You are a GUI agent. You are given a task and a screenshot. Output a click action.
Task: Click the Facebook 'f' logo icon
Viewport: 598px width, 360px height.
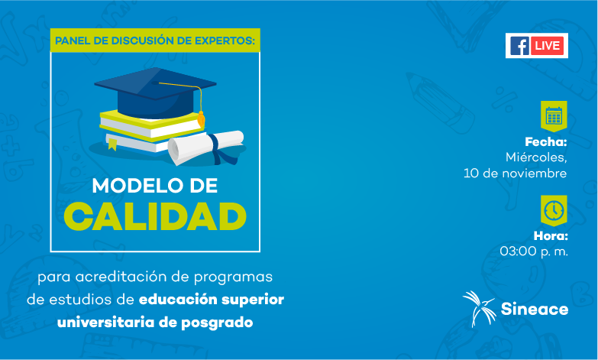click(519, 46)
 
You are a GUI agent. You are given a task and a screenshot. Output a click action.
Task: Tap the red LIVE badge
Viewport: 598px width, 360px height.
click(548, 46)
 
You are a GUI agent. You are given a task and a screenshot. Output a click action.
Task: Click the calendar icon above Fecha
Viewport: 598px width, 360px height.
click(554, 115)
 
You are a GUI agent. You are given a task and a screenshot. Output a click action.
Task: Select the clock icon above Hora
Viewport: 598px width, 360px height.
click(554, 210)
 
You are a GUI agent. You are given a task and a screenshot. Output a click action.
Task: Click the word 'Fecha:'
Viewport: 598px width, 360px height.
click(546, 142)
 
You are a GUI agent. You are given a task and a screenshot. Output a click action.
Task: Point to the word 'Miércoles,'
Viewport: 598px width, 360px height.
click(536, 157)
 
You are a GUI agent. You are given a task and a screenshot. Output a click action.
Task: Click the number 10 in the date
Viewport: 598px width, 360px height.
click(471, 174)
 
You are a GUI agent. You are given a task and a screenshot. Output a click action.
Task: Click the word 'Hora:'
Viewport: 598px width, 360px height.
click(551, 236)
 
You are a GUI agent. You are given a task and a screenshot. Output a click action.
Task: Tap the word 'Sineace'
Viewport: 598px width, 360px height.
click(535, 309)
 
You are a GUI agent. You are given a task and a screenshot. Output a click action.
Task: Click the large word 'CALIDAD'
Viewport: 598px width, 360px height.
click(155, 216)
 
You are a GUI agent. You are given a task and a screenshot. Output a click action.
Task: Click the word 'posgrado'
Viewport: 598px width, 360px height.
click(217, 323)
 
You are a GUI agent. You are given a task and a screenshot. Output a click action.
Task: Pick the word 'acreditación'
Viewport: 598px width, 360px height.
click(121, 277)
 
